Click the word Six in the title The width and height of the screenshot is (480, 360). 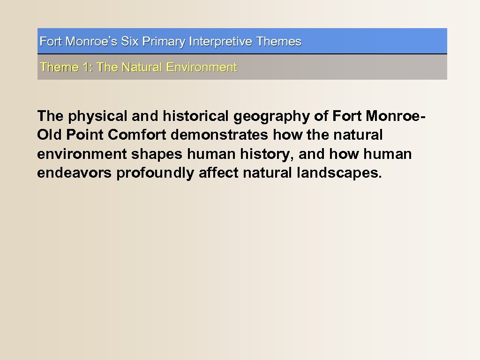(130, 42)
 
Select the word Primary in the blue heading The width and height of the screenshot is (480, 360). (164, 42)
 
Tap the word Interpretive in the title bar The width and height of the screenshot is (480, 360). (221, 42)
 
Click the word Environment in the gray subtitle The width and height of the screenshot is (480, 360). (202, 67)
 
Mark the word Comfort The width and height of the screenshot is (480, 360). (137, 135)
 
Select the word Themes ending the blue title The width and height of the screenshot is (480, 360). (279, 42)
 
